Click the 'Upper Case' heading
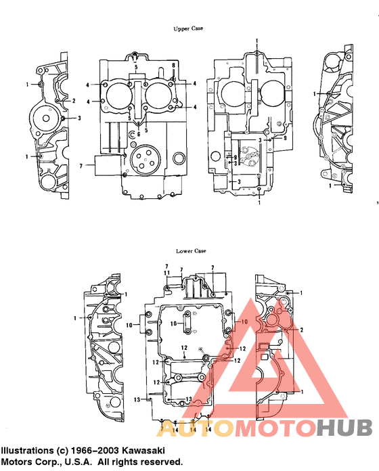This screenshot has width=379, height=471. click(x=189, y=28)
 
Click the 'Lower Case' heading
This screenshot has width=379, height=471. click(x=190, y=251)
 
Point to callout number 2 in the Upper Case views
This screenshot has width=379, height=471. click(x=73, y=101)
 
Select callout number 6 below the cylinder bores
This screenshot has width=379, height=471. click(x=139, y=134)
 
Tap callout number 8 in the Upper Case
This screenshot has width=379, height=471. click(x=173, y=65)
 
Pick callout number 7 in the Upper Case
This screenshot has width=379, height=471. click(x=81, y=164)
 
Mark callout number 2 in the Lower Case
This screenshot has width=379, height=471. click(x=302, y=330)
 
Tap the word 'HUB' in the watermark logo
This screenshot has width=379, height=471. click(x=344, y=428)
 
